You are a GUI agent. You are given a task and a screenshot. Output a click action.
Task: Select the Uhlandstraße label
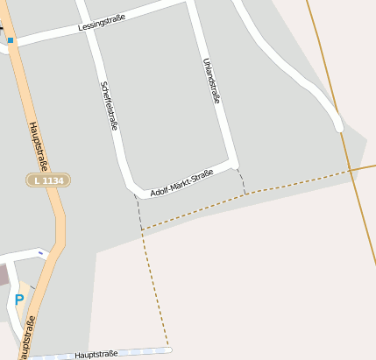point(211,81)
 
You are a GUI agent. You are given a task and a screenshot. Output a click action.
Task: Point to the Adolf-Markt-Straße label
point(182,183)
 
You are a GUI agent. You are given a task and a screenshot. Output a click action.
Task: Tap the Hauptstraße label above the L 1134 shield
point(38,145)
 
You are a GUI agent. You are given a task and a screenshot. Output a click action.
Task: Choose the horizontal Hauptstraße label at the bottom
point(96,354)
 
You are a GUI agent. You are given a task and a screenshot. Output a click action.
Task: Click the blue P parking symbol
point(19,300)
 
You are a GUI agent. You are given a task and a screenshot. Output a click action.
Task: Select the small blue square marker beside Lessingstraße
point(11,40)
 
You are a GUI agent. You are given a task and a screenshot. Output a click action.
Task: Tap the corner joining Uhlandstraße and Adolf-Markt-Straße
point(234,165)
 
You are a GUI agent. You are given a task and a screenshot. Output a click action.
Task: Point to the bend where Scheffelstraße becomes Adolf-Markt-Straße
point(133,188)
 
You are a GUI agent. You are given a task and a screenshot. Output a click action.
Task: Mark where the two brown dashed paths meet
point(142,229)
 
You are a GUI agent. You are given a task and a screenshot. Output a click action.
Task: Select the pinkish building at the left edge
point(3,275)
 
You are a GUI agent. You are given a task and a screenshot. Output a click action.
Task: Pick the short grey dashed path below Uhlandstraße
point(241,180)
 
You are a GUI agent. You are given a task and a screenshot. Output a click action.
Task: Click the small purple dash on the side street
point(40,253)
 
